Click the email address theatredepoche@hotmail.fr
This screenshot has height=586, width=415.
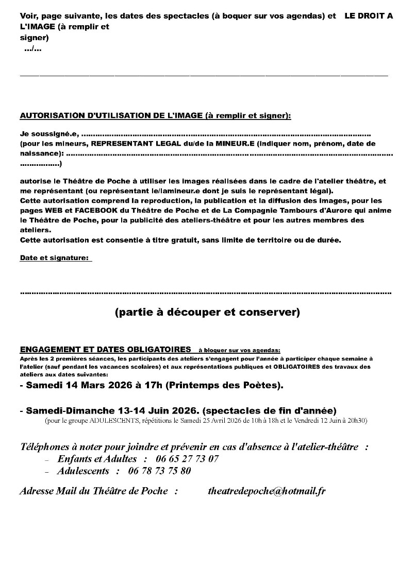point(266,491)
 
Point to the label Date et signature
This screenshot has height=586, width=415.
point(55,258)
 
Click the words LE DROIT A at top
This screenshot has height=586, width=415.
point(369,16)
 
